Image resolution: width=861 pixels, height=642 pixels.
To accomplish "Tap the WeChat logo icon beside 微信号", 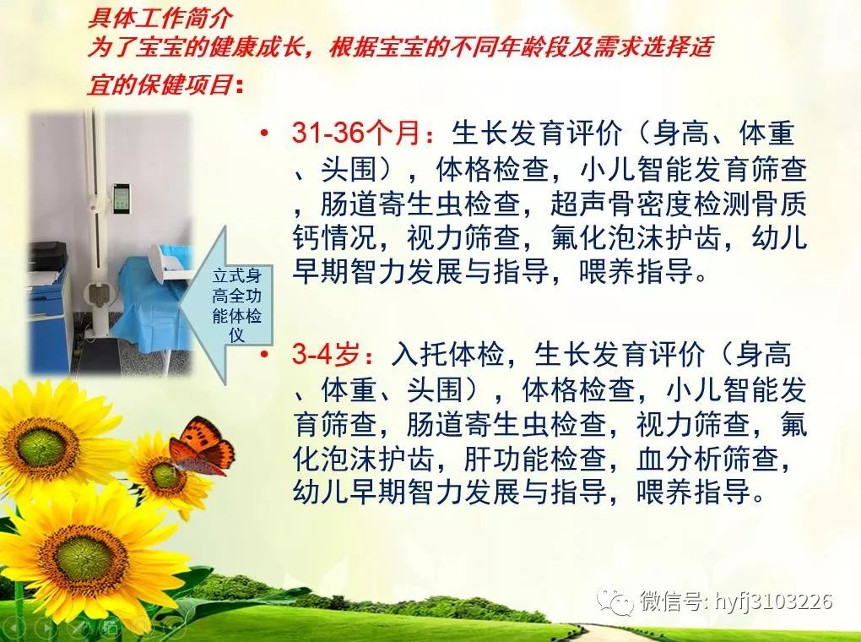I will point(615,601).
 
